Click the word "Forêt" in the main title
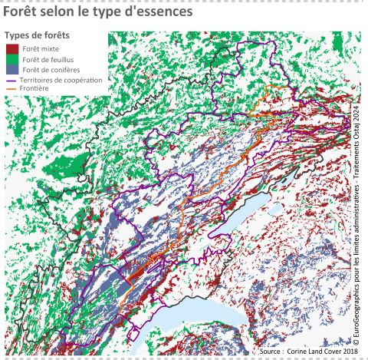coord(25,14)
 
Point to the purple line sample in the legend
coord(11,80)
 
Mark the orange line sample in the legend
coord(11,88)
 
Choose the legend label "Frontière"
coord(34,88)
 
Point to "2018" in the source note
coord(349,351)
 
